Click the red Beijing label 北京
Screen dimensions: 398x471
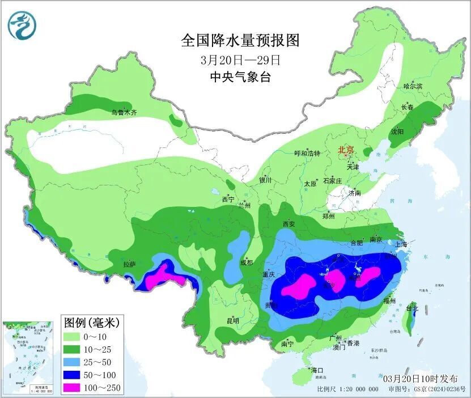[346, 150]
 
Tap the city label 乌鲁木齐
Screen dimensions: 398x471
[124, 113]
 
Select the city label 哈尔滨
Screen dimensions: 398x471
[413, 86]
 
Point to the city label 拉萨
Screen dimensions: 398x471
[130, 264]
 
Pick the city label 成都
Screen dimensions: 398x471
[246, 262]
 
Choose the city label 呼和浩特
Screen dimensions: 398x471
[307, 154]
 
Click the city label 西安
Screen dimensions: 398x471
[288, 225]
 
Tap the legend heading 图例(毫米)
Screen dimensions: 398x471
[91, 323]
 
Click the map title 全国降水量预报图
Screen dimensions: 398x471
[240, 40]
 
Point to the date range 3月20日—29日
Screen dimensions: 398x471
[240, 59]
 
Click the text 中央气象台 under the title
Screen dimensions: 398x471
[240, 77]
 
